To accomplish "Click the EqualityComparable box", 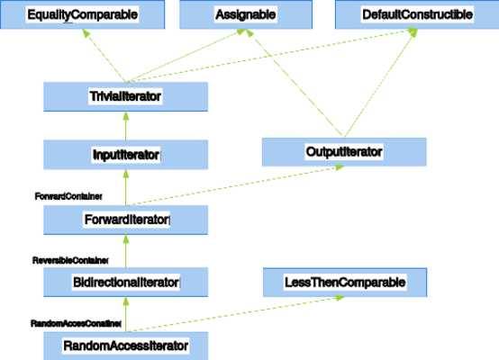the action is pyautogui.click(x=83, y=14).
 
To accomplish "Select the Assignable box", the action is pyautogui.click(x=246, y=14).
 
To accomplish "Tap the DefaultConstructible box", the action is pyautogui.click(x=417, y=14).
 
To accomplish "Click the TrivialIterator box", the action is pyautogui.click(x=126, y=96).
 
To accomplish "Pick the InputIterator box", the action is pyautogui.click(x=126, y=155).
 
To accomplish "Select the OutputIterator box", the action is pyautogui.click(x=344, y=152).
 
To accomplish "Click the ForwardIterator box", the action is pyautogui.click(x=126, y=220).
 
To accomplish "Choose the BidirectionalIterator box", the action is pyautogui.click(x=126, y=282).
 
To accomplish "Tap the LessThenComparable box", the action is pyautogui.click(x=345, y=283).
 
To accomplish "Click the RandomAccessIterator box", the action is pyautogui.click(x=126, y=346).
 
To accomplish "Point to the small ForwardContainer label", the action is pyautogui.click(x=68, y=196).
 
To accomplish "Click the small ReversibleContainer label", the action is pyautogui.click(x=70, y=260).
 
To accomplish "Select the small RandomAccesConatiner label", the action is pyautogui.click(x=76, y=323).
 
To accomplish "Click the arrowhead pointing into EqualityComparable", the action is pyautogui.click(x=86, y=32).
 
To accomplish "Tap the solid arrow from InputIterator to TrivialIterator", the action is pyautogui.click(x=126, y=126).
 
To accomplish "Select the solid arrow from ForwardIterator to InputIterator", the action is pyautogui.click(x=126, y=187).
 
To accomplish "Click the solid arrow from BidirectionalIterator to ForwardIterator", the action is pyautogui.click(x=126, y=251).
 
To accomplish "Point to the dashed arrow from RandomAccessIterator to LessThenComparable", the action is pyautogui.click(x=235, y=314).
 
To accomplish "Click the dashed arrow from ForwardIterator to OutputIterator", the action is pyautogui.click(x=235, y=185).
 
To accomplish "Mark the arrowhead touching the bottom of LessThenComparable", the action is pyautogui.click(x=340, y=298).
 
